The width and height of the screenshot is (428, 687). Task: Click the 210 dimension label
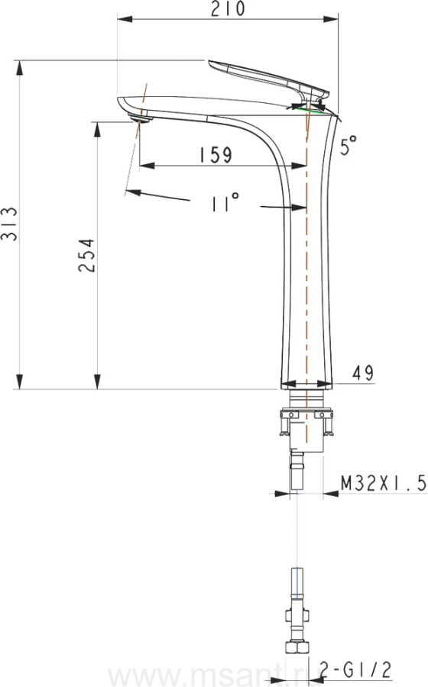point(228,8)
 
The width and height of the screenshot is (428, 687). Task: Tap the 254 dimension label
point(87,255)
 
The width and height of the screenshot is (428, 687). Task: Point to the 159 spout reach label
point(216,155)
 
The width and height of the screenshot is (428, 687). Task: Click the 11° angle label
point(225,202)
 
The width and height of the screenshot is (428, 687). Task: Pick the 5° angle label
point(349,146)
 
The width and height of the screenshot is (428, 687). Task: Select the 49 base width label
point(363,373)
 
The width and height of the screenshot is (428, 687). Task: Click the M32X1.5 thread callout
point(384,483)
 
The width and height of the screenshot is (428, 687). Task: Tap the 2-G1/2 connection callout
point(355,670)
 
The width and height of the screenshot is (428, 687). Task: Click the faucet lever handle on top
point(267,78)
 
